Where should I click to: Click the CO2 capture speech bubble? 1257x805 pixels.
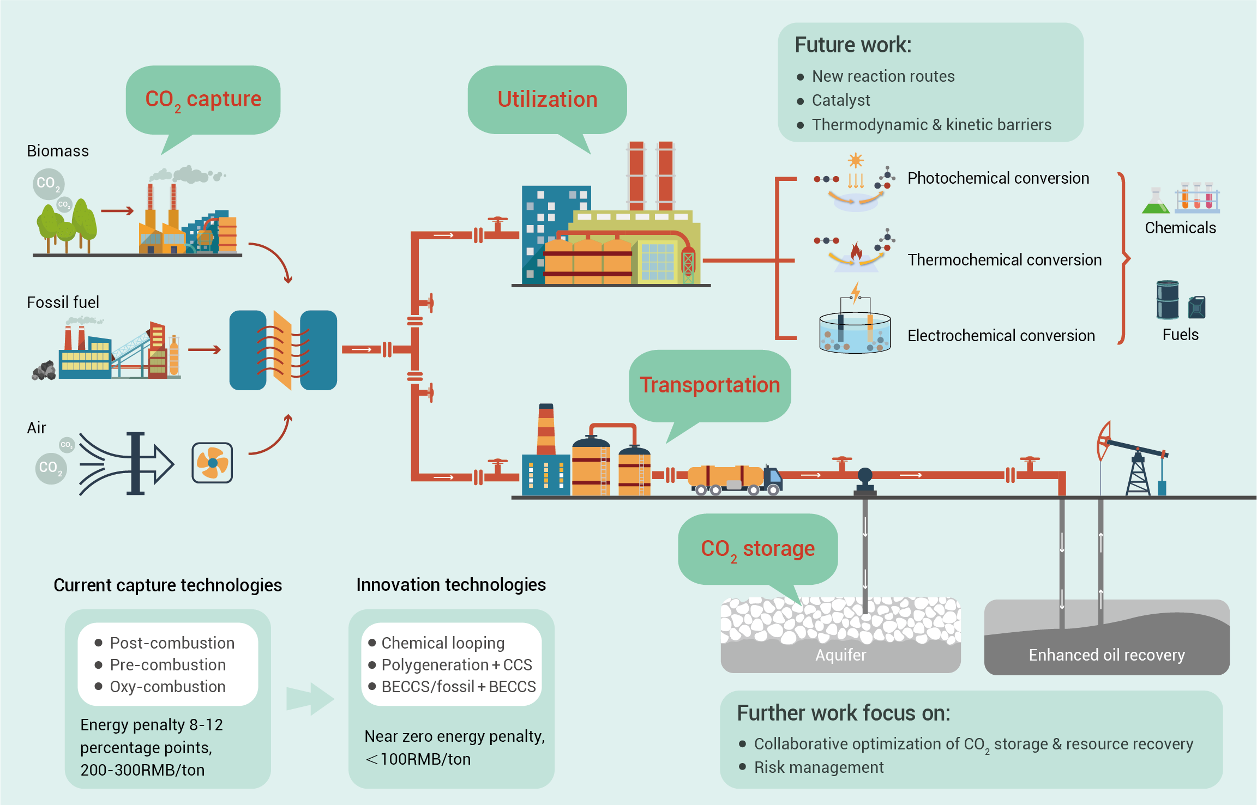pos(203,100)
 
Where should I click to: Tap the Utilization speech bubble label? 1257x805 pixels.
pos(547,100)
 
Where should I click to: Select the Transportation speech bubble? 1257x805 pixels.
pos(709,385)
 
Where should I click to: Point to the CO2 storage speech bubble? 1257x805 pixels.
pos(757,549)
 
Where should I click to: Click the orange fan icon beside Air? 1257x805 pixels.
pos(212,463)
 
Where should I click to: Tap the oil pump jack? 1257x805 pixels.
pos(1134,461)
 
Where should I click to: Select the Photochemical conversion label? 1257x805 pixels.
pos(998,178)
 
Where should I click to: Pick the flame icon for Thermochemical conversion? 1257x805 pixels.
pos(856,251)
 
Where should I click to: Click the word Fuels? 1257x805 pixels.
pos(1180,335)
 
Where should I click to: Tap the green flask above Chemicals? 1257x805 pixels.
pos(1156,202)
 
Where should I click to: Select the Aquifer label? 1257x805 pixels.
pos(840,655)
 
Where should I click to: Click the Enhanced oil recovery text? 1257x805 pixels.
pos(1106,655)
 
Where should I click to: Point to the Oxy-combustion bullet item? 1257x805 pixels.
pos(167,687)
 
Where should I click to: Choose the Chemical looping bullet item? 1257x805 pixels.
pos(443,643)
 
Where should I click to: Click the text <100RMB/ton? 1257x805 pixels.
pos(418,759)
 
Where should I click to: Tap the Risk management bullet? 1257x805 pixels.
pos(818,767)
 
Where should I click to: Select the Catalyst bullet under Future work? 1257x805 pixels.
pos(840,100)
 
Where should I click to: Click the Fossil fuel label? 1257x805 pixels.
pos(63,302)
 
